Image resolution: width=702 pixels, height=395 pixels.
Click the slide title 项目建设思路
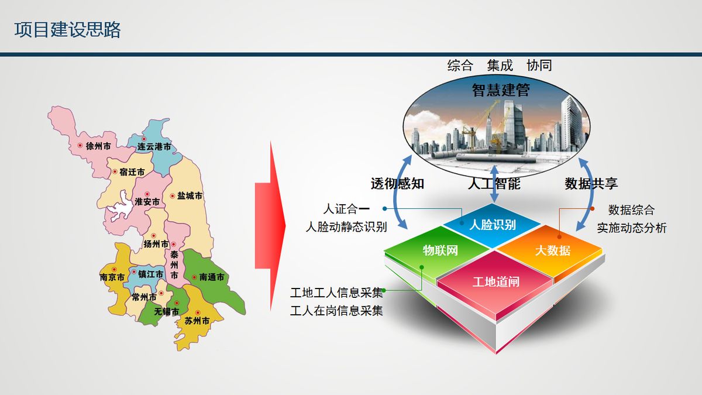(67, 30)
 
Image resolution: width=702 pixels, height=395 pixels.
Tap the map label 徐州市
(98, 146)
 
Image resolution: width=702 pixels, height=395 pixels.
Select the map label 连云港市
(154, 146)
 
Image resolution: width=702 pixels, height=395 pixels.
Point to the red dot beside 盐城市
(172, 196)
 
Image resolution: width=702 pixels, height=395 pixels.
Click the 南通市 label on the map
(212, 277)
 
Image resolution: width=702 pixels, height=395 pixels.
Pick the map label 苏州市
(197, 321)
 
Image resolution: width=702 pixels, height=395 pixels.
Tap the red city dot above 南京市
(114, 270)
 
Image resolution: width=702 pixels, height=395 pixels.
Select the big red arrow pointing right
(270, 226)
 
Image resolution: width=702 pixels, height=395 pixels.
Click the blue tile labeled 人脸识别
(492, 225)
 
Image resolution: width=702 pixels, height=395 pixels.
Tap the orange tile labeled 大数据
(550, 251)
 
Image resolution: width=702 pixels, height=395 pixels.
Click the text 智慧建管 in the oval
(501, 90)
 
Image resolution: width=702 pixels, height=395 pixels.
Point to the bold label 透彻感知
(397, 184)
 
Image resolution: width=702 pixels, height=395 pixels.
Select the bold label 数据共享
(591, 184)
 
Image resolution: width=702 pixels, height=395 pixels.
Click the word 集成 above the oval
(500, 66)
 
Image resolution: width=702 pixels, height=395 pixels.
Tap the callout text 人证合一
(346, 209)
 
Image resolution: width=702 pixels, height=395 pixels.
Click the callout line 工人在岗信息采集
(336, 311)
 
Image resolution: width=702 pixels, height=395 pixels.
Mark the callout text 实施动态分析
(631, 228)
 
